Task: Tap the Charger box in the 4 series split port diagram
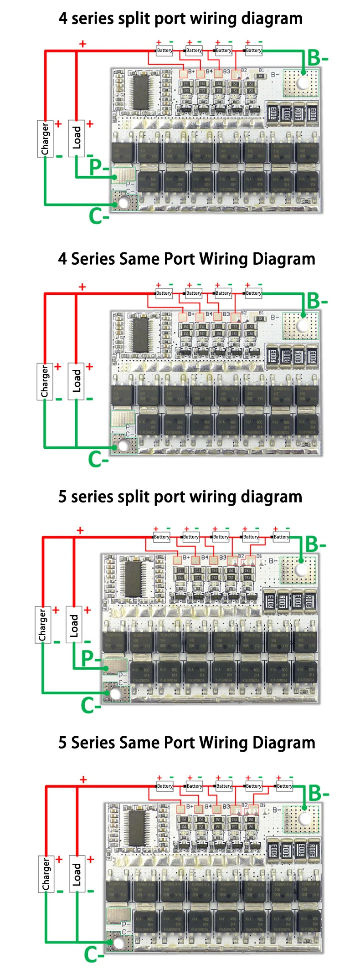click(45, 138)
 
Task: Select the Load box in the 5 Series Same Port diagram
click(77, 874)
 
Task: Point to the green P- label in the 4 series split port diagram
click(98, 167)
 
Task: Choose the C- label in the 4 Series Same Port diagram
click(98, 459)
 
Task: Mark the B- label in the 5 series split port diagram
click(315, 544)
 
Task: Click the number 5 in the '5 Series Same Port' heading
click(63, 743)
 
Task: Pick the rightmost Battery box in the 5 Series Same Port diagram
click(284, 786)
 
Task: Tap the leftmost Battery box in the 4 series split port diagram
click(165, 51)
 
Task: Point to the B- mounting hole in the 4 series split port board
click(303, 83)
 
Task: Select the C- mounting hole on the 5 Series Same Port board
click(118, 942)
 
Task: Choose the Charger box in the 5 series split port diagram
click(42, 625)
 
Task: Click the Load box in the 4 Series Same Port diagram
click(76, 381)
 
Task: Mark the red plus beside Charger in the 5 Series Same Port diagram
click(59, 859)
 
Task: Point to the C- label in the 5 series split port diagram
click(91, 705)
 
